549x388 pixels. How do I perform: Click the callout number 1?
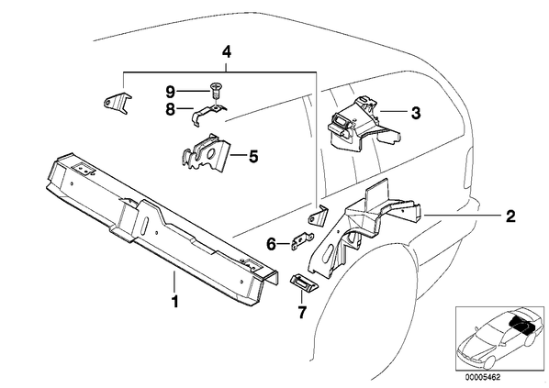(x=174, y=302)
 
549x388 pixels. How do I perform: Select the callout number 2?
(x=510, y=216)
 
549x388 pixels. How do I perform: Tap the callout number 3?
(x=416, y=113)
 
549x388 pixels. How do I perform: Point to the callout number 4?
(x=227, y=52)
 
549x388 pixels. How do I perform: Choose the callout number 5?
(x=253, y=156)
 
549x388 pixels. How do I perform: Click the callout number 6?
(x=272, y=244)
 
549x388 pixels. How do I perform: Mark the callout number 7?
(x=302, y=312)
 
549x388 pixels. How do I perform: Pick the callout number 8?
(x=170, y=109)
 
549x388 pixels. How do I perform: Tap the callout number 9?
(x=170, y=93)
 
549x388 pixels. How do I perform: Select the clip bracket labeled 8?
(x=208, y=115)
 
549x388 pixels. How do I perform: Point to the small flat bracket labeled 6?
(x=302, y=240)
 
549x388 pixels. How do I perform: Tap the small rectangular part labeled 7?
(x=303, y=283)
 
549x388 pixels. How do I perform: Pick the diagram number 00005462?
(x=483, y=378)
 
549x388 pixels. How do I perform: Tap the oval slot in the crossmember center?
(x=146, y=227)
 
